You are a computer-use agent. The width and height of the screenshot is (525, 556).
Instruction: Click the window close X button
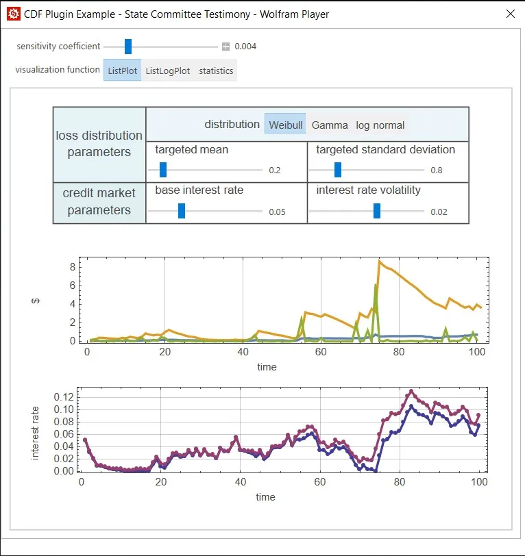(509, 14)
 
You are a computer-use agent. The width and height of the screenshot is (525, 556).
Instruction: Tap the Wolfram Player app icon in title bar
(13, 14)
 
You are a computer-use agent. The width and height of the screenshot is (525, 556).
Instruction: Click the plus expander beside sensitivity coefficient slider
(225, 47)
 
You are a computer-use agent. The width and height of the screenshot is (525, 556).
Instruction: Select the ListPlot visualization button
(122, 71)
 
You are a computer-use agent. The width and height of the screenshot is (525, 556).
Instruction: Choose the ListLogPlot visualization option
(168, 71)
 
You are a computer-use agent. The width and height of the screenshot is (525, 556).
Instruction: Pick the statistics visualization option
(216, 71)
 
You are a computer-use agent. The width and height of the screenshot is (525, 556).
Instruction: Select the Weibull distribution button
(284, 125)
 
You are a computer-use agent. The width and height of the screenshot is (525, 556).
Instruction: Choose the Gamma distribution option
(329, 125)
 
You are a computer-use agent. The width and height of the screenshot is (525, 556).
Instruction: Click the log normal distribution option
(380, 125)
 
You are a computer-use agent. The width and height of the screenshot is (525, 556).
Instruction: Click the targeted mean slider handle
(163, 170)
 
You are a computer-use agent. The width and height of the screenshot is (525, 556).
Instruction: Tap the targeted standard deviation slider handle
(337, 170)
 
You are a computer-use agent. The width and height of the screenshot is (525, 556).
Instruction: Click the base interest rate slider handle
(182, 212)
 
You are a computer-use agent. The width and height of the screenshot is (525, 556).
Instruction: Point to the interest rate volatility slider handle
(377, 212)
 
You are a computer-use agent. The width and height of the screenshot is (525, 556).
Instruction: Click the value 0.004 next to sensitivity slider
(245, 47)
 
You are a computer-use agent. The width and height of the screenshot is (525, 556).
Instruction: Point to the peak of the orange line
(379, 261)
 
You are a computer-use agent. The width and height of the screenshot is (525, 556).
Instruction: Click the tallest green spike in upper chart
(376, 285)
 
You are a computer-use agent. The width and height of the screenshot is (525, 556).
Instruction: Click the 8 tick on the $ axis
(71, 266)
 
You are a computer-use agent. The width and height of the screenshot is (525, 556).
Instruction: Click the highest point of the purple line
(411, 391)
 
